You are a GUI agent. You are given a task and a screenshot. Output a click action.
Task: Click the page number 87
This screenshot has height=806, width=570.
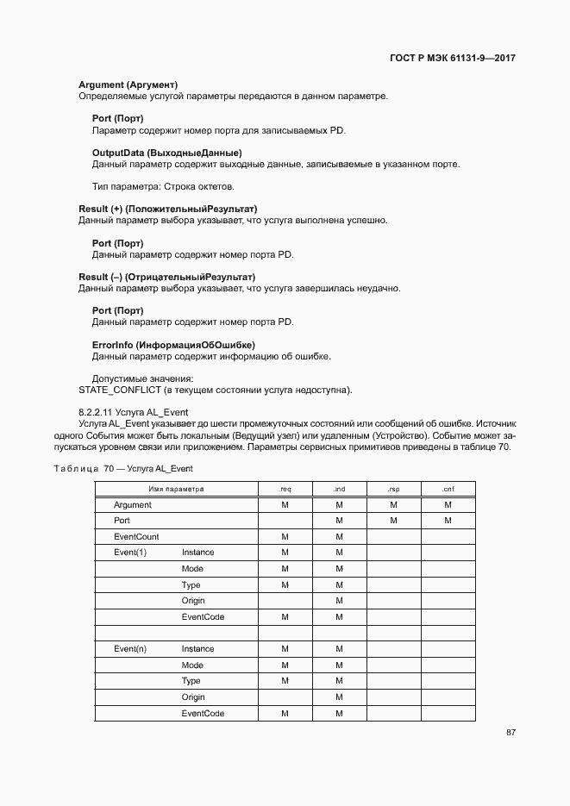510,732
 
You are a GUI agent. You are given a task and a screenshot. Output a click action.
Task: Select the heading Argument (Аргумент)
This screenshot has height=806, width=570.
128,84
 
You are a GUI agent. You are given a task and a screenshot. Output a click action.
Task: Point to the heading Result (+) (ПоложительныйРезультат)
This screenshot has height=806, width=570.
168,209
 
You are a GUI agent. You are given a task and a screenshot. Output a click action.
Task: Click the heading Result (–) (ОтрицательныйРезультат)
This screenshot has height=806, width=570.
167,277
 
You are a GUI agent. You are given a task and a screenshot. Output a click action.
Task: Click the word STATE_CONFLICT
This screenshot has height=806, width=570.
116,390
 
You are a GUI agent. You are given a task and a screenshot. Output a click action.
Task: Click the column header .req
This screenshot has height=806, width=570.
285,489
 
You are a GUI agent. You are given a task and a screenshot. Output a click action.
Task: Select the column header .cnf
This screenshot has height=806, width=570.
448,489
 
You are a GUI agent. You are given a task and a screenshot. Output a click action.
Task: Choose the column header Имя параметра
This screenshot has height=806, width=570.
176,489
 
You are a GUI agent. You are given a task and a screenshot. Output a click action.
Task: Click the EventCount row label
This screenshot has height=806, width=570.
136,537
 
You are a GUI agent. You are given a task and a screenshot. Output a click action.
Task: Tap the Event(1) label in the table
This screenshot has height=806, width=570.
130,553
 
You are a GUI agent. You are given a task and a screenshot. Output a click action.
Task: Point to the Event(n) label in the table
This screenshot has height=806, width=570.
130,649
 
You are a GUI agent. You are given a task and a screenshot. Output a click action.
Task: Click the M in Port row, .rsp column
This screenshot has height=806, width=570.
393,521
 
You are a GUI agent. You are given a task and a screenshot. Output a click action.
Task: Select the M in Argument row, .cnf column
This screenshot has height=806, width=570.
448,505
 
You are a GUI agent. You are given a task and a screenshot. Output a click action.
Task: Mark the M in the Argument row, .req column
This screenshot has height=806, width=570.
285,505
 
